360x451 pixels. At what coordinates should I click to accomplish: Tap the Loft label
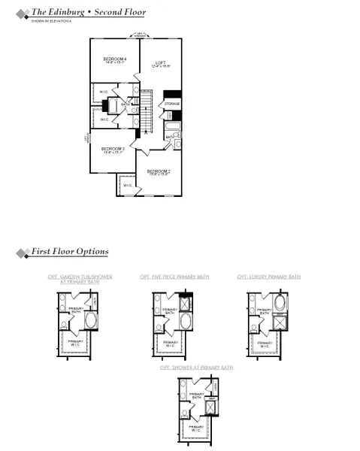click(160, 64)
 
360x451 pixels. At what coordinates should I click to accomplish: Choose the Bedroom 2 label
click(158, 172)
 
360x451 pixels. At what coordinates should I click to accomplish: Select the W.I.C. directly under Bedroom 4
click(104, 93)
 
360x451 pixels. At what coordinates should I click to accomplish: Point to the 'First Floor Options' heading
click(69, 252)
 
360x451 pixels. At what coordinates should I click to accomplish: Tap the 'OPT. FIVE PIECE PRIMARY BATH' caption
click(174, 277)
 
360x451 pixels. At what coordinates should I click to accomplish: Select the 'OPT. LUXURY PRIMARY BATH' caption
click(268, 277)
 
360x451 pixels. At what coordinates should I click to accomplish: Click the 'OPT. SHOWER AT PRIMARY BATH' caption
click(196, 368)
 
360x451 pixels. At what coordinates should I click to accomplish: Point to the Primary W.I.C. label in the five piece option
click(170, 344)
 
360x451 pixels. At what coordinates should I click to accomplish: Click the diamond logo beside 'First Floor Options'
click(21, 252)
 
